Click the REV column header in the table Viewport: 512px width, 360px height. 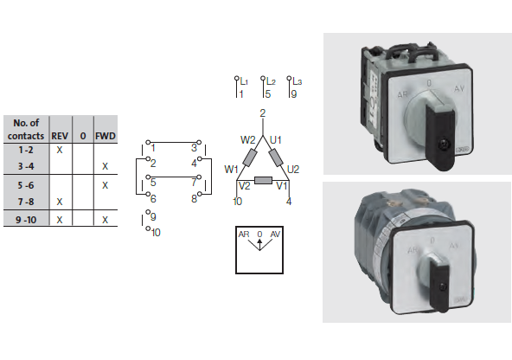(60, 136)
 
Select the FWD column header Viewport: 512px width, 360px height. (106, 136)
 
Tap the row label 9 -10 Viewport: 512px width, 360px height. (26, 220)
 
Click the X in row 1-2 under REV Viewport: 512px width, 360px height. (60, 150)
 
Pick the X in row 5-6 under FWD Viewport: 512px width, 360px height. (105, 185)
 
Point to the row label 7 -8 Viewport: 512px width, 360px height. (26, 202)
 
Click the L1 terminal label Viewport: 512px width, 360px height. (244, 81)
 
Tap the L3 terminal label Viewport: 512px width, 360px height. (298, 81)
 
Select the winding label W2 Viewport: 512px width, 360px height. (247, 140)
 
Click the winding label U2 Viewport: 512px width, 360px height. (293, 170)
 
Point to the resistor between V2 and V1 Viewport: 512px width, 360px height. (263, 180)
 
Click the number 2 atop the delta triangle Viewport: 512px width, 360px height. (263, 113)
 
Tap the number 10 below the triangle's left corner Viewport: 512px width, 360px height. (237, 202)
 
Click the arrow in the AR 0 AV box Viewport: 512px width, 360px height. (259, 244)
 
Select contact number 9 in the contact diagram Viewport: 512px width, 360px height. (153, 217)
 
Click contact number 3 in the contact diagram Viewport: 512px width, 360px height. (194, 148)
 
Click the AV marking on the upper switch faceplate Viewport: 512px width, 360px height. (459, 88)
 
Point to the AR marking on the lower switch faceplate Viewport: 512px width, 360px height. (413, 250)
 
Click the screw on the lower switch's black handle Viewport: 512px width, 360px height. (443, 286)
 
